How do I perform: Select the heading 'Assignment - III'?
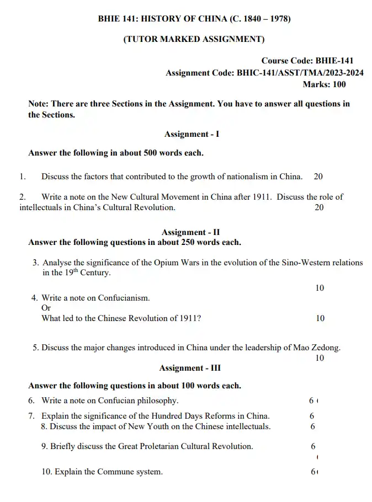click(x=190, y=368)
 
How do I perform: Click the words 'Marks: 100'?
click(x=324, y=84)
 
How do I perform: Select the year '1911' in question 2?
click(x=262, y=197)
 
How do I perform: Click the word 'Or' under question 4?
click(x=46, y=308)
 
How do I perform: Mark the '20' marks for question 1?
click(x=318, y=177)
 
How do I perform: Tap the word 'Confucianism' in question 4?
click(x=124, y=298)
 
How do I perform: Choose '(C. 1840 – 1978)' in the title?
click(x=259, y=19)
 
